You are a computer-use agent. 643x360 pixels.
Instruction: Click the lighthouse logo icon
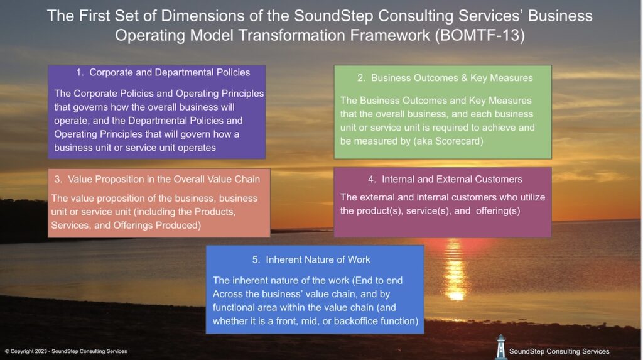pos(500,347)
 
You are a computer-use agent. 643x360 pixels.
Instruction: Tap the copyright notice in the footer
pos(66,351)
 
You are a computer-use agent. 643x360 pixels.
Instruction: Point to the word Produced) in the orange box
pos(180,226)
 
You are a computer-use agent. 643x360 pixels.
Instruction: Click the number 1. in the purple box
pos(80,72)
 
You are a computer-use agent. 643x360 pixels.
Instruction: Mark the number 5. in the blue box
pos(256,259)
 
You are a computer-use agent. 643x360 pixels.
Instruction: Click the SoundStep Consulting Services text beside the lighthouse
pos(559,351)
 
